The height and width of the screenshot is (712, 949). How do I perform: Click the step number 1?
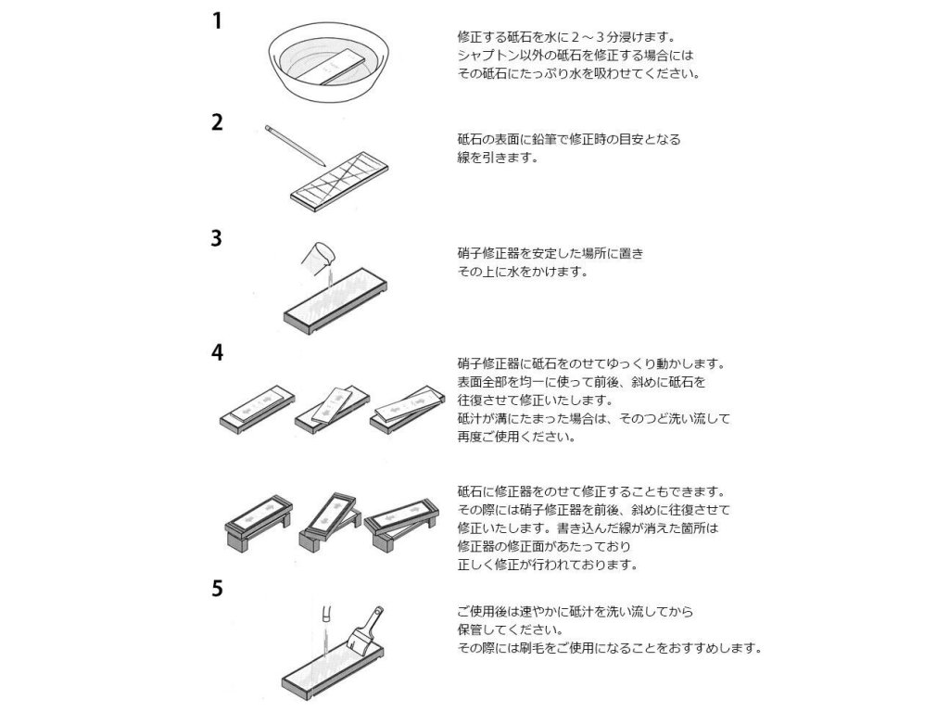coord(216,20)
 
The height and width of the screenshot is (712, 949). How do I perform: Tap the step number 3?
coord(216,238)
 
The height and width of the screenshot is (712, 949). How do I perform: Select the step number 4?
coord(216,352)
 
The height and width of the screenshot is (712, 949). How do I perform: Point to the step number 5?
coord(216,589)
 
